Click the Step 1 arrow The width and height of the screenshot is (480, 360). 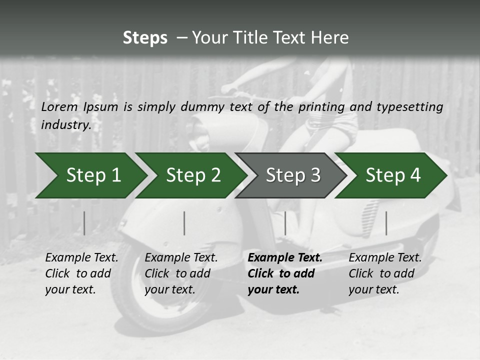click(90, 175)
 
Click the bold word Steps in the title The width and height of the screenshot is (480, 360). click(145, 37)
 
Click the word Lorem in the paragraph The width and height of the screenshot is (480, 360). click(59, 107)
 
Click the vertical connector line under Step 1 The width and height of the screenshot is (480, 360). click(84, 223)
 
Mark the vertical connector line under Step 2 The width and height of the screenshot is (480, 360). click(184, 223)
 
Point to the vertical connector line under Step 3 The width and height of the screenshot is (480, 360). click(285, 223)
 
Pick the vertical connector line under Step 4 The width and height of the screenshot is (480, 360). click(386, 223)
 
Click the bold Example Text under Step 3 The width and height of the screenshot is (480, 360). click(285, 258)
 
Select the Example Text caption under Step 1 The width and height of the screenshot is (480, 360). click(81, 258)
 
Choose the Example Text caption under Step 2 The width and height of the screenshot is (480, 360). click(181, 258)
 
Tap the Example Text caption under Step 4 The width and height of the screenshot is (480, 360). click(385, 258)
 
